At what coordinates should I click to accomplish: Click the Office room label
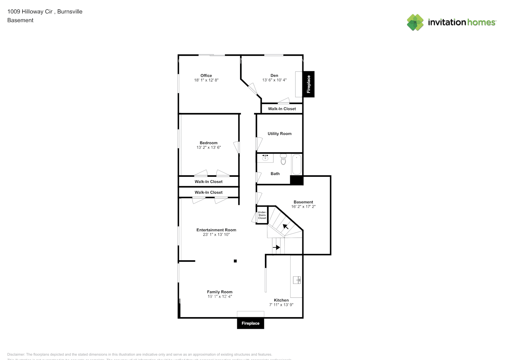[206, 76]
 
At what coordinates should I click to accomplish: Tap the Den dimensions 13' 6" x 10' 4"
[274, 80]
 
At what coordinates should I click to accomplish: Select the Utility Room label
[279, 134]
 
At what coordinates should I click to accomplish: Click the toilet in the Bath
[283, 159]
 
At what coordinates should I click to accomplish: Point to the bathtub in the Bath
[296, 164]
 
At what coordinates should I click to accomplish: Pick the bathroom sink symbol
[265, 157]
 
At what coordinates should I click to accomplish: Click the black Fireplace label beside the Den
[308, 84]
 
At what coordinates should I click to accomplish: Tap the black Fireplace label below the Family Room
[251, 323]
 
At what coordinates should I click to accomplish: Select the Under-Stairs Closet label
[262, 215]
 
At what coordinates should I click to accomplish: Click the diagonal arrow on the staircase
[285, 226]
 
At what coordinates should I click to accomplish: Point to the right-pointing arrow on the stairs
[276, 247]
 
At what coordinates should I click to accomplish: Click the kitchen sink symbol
[297, 280]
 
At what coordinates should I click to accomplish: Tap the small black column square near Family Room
[235, 261]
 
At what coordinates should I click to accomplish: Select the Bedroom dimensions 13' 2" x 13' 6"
[208, 148]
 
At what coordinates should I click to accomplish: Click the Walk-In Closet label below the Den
[282, 109]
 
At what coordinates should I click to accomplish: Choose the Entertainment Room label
[216, 230]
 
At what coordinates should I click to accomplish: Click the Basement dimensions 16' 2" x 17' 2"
[303, 207]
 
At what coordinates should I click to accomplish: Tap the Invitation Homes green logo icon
[415, 22]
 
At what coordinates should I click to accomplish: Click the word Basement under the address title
[20, 21]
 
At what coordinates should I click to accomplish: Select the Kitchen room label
[281, 300]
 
